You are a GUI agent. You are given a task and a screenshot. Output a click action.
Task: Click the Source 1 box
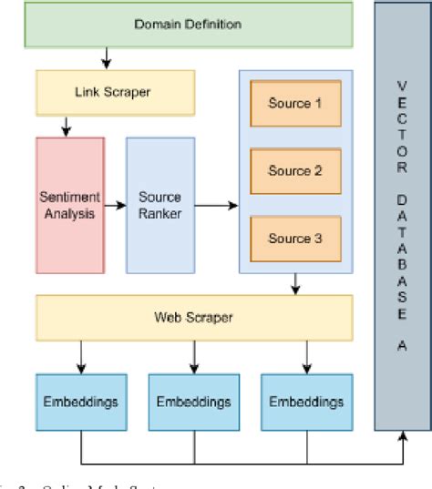[x=294, y=103]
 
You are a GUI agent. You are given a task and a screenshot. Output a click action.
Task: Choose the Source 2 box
[x=294, y=170]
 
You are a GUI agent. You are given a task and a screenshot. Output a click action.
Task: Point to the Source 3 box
[x=294, y=239]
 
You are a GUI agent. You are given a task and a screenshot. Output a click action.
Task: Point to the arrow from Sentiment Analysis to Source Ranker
[x=115, y=205]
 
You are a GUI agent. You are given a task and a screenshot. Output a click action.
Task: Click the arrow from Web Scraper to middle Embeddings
[x=192, y=355]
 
